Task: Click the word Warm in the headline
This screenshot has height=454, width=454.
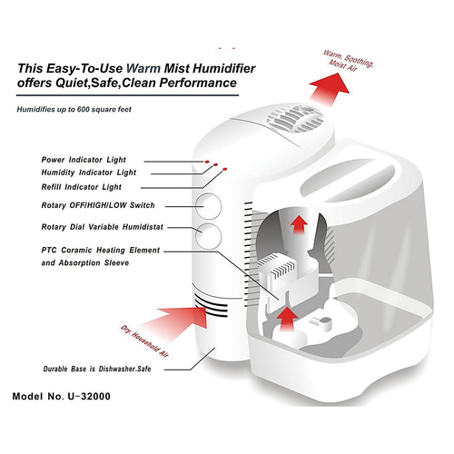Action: point(143,68)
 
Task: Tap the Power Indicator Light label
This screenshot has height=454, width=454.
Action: point(84,160)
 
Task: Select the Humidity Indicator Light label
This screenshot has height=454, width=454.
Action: point(89,173)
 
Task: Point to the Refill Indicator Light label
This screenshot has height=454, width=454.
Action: point(82,187)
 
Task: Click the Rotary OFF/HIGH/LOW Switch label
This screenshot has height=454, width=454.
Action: point(98,205)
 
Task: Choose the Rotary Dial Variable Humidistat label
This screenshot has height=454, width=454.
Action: point(103,227)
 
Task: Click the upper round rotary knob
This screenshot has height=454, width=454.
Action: point(208,206)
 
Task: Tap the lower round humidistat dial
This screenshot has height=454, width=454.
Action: point(208,236)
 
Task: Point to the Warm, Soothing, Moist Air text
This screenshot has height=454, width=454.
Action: point(348,61)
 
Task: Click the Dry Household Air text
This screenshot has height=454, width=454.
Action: point(144,341)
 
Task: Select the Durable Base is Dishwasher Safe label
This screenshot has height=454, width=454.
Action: point(97,369)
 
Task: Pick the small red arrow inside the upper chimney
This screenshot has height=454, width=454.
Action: point(299,225)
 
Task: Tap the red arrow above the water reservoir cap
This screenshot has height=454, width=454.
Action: point(288,321)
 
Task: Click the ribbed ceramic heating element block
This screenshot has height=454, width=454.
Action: point(277,266)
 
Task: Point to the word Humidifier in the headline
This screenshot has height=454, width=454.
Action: point(224,68)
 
